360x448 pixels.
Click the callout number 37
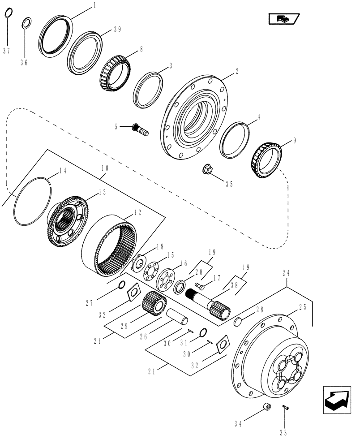point(6,51)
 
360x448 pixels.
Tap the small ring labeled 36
point(26,22)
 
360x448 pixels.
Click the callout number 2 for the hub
point(236,71)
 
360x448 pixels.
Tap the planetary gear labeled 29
point(152,304)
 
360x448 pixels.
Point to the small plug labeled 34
point(267,407)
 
